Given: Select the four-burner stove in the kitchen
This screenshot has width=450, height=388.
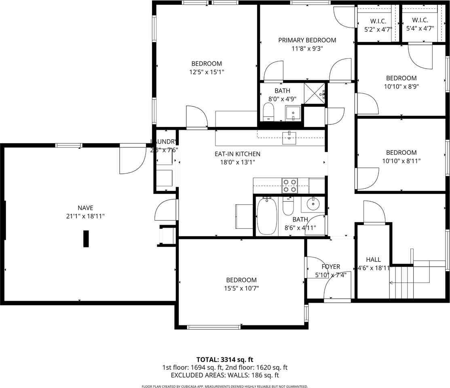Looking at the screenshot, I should (289, 186).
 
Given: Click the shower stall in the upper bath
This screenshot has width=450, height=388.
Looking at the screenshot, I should (314, 94).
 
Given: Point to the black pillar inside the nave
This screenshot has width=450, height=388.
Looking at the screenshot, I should (86, 238).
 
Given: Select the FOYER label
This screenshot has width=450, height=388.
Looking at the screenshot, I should (331, 267).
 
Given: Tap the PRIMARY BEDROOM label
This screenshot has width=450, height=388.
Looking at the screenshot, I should (307, 40).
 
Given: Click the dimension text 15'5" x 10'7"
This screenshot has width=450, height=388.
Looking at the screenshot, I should (241, 288).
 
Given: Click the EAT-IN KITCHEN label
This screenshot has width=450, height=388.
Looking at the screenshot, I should (237, 154).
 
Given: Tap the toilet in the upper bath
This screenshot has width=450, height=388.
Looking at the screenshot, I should (268, 112).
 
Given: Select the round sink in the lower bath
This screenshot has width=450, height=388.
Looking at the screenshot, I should (313, 204).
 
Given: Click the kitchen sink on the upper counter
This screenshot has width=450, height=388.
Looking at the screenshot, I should (289, 137).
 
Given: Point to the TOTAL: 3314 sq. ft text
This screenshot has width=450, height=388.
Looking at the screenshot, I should (225, 359).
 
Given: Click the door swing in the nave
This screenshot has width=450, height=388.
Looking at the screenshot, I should (132, 160).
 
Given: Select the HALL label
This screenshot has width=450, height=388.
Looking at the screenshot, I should (373, 259).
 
